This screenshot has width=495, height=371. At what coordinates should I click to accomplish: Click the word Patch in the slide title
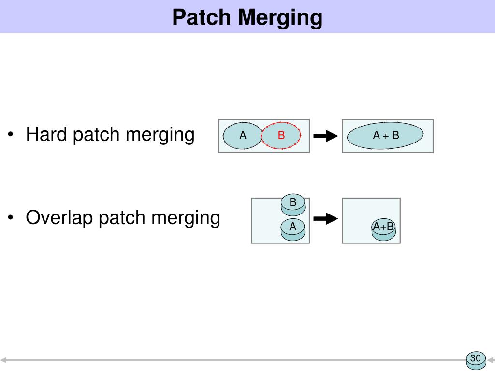coord(202,17)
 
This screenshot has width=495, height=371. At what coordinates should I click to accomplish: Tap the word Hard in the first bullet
coord(47,134)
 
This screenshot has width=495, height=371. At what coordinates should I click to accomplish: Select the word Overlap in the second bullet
coord(59,218)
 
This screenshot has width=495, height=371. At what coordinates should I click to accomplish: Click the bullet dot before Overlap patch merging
coord(10,218)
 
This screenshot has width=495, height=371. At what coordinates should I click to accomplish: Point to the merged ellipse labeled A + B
coord(385,136)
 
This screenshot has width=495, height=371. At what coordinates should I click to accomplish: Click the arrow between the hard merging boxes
coord(325,136)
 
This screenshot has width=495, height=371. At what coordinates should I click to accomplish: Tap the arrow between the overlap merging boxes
coord(325,219)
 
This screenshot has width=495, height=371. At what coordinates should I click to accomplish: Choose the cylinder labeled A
coord(293,228)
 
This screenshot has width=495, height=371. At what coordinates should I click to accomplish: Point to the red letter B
coord(281,136)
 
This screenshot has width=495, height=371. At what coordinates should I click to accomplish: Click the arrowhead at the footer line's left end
coord(3,360)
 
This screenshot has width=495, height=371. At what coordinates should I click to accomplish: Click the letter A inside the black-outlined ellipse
coord(243,136)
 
